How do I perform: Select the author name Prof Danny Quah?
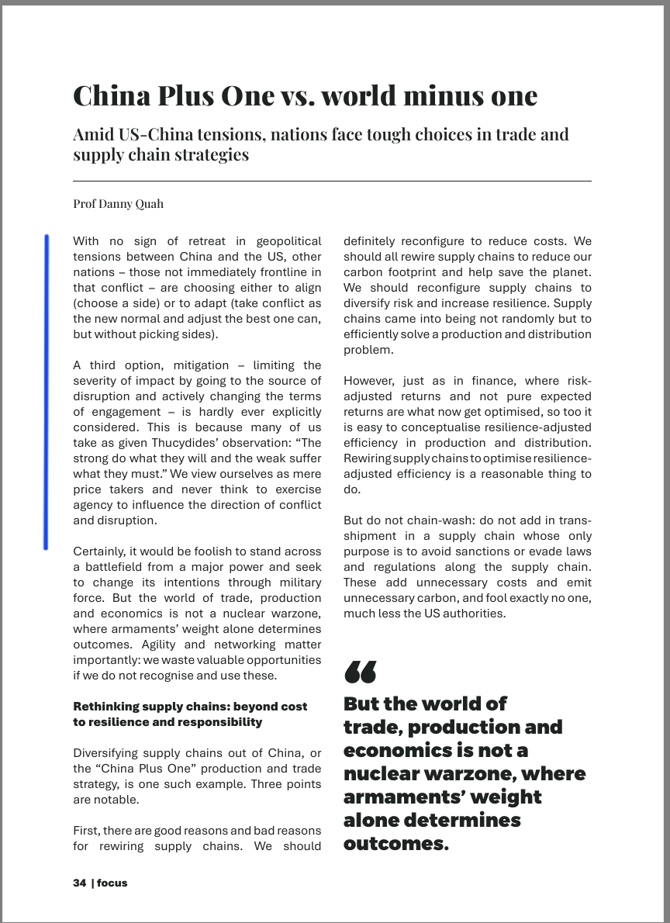click(118, 204)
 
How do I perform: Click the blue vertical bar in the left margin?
click(47, 392)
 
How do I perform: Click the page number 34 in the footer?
click(79, 883)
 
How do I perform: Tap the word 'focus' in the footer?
click(112, 883)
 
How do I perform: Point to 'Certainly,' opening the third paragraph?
click(99, 551)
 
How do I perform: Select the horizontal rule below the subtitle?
click(332, 181)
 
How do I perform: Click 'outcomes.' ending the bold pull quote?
click(395, 844)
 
